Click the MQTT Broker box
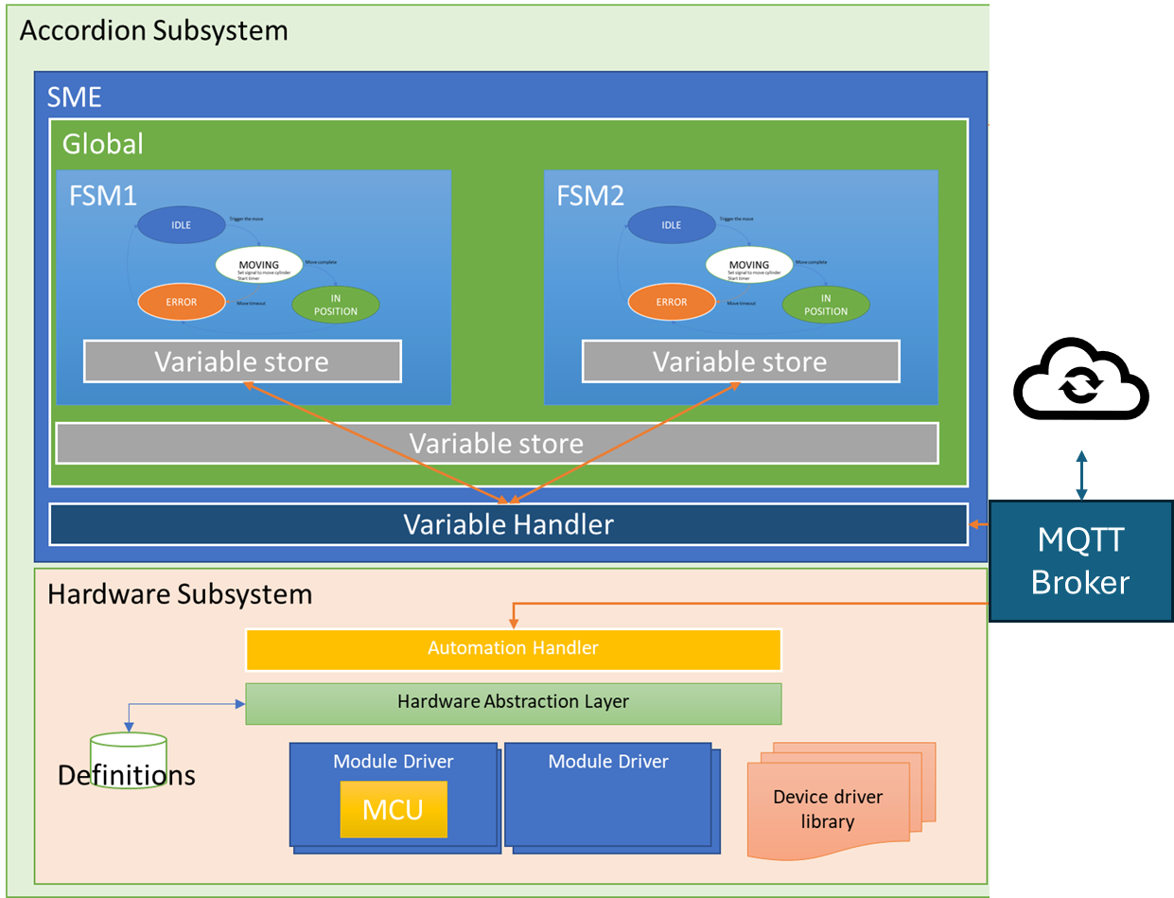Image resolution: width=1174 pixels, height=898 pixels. coord(1080,560)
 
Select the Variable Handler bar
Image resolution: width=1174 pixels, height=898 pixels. coord(508,524)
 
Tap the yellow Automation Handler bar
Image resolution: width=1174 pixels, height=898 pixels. coord(513,649)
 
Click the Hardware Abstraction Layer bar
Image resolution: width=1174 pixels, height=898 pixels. coord(513,703)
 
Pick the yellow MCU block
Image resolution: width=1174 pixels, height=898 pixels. coord(394,809)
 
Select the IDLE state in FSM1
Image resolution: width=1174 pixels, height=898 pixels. coord(181,225)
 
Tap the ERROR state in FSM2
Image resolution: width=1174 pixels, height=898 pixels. coord(672,303)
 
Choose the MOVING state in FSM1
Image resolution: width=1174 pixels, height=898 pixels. coord(258,265)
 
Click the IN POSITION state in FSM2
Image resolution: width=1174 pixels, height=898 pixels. coord(826,305)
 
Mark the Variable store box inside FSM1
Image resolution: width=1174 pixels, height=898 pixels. coord(242,361)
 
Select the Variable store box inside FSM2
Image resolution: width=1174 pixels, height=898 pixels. coord(740,361)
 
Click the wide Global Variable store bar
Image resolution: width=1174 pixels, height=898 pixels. coord(497,443)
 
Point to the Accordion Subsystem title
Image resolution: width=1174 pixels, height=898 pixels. coord(153,30)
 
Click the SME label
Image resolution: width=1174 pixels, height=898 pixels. coord(74,97)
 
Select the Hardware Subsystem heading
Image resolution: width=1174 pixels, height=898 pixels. coord(180,594)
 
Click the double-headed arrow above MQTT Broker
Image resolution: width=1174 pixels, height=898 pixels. coord(1081,475)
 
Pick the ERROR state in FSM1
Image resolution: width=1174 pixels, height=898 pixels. coord(181,303)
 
